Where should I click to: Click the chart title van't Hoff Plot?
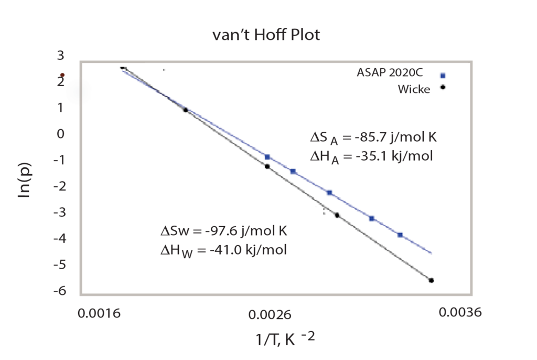266,36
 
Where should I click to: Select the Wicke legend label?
414,89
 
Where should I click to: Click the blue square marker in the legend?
443,75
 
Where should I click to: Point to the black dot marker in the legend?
443,87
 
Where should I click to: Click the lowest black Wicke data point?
432,281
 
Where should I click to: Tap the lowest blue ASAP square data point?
400,235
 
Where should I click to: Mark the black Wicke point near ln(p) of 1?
185,110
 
